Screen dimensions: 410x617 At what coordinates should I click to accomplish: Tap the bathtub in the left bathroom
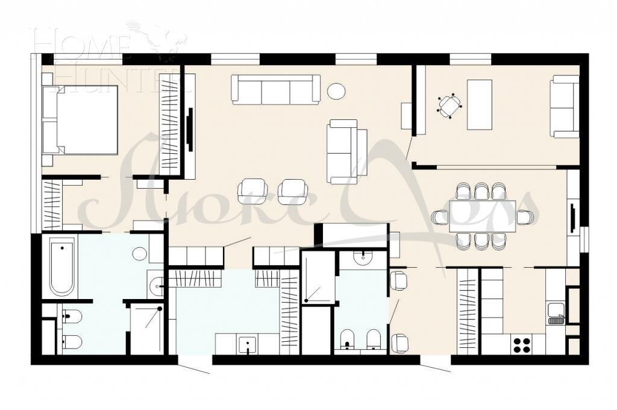tap(62, 266)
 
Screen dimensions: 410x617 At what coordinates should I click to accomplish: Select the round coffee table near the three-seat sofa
tap(336, 91)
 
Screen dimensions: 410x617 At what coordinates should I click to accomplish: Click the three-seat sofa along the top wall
tap(276, 90)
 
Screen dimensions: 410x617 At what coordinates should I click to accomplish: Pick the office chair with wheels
tap(449, 106)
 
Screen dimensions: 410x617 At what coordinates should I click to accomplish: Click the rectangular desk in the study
tap(480, 104)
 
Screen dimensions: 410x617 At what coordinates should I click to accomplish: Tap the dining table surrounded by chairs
tap(482, 216)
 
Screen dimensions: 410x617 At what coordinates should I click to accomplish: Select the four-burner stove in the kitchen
tap(521, 345)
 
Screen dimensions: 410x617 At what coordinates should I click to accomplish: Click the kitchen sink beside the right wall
tap(556, 312)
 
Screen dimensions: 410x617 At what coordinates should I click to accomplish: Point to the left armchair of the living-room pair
tap(252, 192)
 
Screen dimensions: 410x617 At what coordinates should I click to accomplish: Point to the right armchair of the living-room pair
tap(293, 192)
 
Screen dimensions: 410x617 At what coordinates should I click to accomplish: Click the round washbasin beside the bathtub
tap(140, 254)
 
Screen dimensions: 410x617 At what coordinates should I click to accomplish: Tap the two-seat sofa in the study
tap(565, 106)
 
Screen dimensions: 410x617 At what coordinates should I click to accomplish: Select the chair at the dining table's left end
tap(440, 216)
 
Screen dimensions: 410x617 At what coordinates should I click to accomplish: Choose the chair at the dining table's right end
tap(525, 216)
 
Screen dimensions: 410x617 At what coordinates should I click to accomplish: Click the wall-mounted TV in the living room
tap(190, 129)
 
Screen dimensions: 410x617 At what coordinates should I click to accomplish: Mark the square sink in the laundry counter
tap(248, 345)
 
